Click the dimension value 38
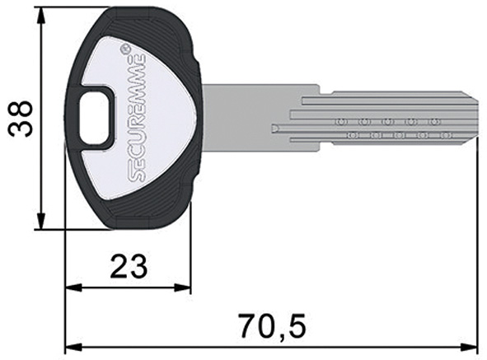click(x=22, y=118)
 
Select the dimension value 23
click(x=128, y=266)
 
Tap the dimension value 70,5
click(x=273, y=325)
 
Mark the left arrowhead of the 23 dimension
click(x=69, y=288)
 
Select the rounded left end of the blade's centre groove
click(x=274, y=129)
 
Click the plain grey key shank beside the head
click(x=247, y=119)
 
